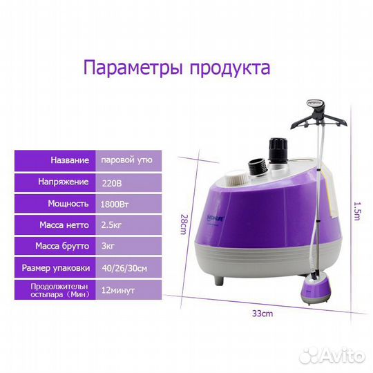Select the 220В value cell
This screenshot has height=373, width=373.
pos(129,182)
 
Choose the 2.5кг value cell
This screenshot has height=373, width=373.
pos(129,224)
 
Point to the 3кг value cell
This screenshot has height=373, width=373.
pos(129,245)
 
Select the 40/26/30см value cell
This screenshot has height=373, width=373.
pos(129,266)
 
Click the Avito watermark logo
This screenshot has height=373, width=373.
pos(334,356)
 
